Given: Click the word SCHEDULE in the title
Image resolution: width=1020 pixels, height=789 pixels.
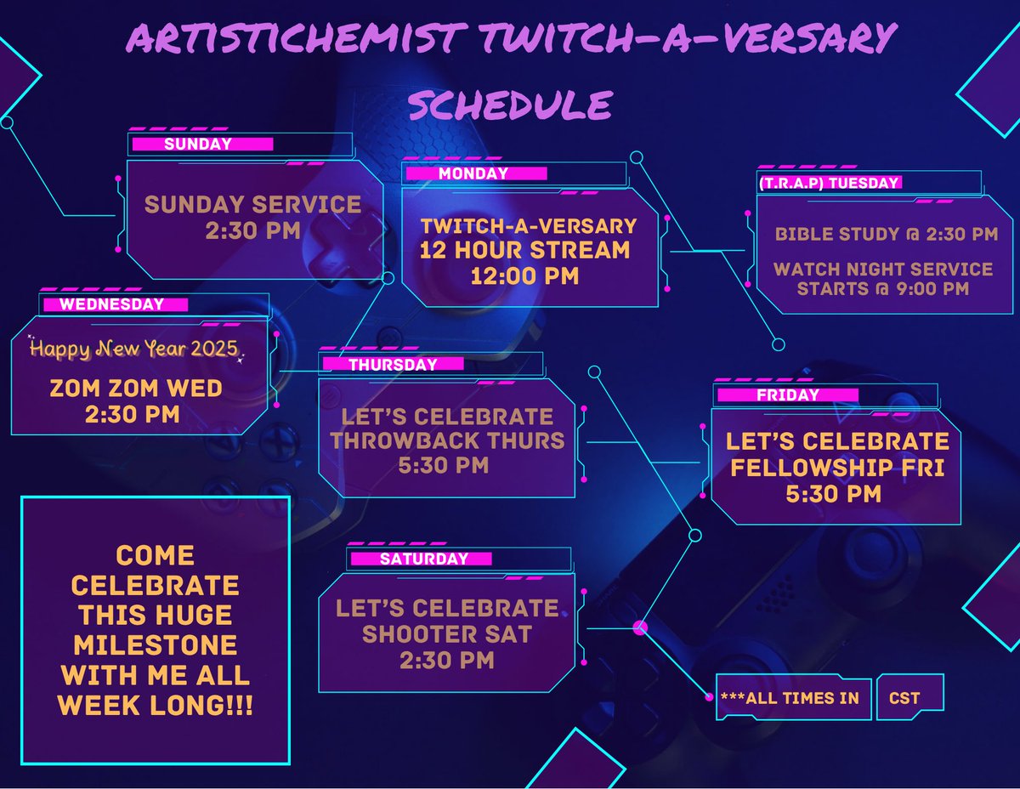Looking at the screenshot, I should coord(510,105).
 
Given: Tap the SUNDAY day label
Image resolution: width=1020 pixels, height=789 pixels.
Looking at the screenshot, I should coord(198,145).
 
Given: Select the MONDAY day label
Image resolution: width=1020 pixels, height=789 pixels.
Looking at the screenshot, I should coord(473,173).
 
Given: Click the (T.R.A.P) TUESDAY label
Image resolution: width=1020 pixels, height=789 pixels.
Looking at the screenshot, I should coord(828,183).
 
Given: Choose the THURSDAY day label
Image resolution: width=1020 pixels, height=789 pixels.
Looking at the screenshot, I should coord(393,365).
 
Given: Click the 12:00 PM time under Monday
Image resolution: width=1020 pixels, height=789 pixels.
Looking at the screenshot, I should coord(524,275).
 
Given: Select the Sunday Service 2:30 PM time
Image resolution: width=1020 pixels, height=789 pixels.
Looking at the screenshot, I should coord(252,230).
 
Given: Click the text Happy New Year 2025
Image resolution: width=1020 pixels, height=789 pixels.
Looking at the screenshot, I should coord(134,349).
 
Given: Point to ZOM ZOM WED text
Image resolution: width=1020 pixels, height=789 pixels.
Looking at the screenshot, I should coord(136,389).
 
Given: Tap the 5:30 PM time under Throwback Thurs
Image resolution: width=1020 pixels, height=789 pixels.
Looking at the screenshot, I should coord(447,465).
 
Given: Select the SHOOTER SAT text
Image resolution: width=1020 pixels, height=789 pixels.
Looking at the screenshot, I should coord(447,634).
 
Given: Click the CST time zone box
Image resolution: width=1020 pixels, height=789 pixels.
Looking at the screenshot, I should coord(904,698).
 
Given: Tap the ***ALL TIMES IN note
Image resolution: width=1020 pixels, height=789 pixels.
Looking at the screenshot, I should coord(790,698).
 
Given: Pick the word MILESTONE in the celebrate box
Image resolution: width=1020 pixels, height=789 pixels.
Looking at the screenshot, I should coord(155,644).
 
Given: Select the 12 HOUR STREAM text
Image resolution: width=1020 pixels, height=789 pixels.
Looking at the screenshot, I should coord(524,251).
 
